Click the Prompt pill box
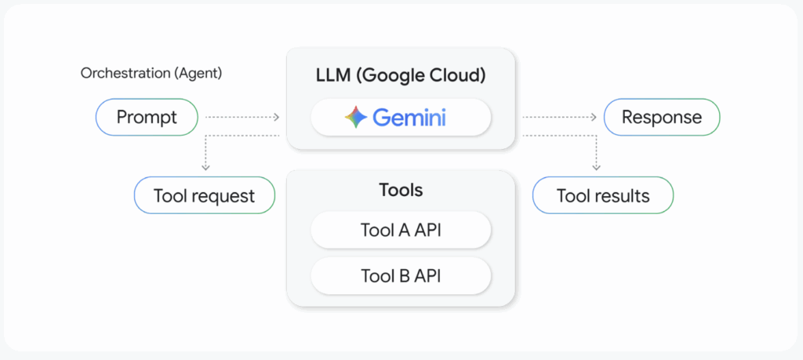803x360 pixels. click(x=147, y=118)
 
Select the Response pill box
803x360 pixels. click(x=661, y=118)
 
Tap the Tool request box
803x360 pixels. click(x=204, y=195)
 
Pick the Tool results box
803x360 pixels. click(x=602, y=195)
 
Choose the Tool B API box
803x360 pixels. click(x=401, y=276)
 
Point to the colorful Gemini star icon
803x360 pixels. click(x=356, y=118)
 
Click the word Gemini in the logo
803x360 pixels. click(x=409, y=118)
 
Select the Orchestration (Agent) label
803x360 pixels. click(x=151, y=74)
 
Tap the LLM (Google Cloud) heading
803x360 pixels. click(x=401, y=76)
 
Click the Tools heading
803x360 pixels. click(x=401, y=190)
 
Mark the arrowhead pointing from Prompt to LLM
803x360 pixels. click(x=277, y=118)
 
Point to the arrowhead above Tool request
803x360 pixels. click(x=205, y=167)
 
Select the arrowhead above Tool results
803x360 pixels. click(x=597, y=167)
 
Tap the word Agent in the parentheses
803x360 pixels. click(x=200, y=74)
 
